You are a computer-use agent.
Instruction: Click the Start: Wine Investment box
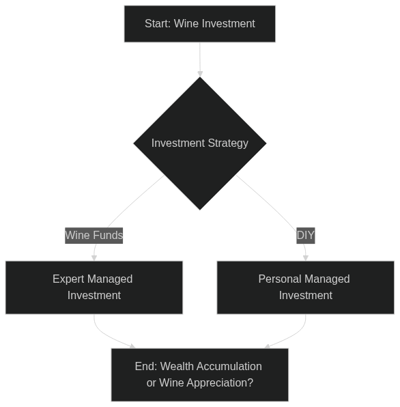tap(200, 24)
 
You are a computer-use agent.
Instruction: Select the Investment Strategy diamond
tap(200, 143)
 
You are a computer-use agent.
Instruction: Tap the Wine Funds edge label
tap(94, 236)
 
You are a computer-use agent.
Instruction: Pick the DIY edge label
tap(306, 236)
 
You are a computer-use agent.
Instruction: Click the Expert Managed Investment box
tap(94, 287)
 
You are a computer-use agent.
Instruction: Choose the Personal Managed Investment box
tap(306, 287)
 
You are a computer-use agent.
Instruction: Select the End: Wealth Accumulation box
tap(200, 375)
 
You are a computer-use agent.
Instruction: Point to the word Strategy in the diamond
tap(228, 143)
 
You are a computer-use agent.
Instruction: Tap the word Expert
tap(68, 279)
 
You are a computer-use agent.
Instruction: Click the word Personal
tap(276, 279)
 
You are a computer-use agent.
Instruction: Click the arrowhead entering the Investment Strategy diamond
tap(200, 74)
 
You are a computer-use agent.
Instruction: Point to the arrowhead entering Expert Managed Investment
tap(94, 257)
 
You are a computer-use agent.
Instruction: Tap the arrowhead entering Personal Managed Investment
tap(306, 257)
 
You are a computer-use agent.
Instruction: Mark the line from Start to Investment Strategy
tap(200, 59)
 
